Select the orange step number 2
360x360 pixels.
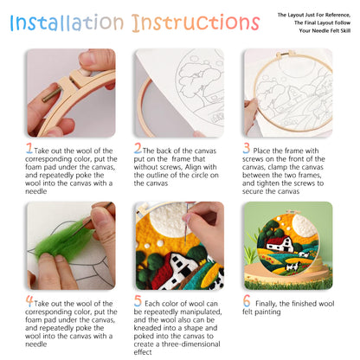(x=138, y=148)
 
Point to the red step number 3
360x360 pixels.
(x=247, y=148)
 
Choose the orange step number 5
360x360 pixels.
(x=138, y=301)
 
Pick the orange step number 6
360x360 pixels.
(x=247, y=301)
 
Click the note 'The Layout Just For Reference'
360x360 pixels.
(x=311, y=15)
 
